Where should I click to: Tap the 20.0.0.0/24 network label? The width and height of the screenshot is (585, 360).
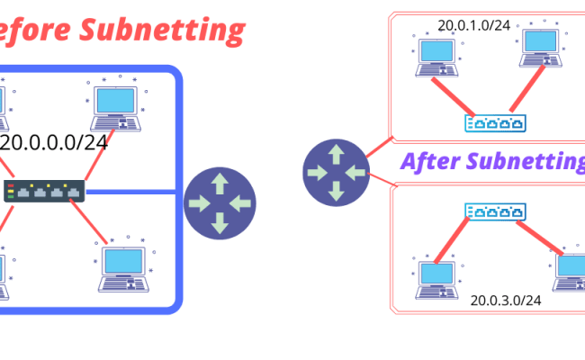click(54, 143)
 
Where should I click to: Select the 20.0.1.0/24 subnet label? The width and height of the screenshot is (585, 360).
click(473, 25)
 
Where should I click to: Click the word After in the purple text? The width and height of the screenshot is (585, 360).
click(431, 162)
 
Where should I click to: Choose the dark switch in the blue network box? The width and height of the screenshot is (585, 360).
click(44, 191)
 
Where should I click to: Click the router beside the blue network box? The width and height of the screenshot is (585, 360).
click(220, 202)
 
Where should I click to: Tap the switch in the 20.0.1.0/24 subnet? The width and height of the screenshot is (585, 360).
click(493, 122)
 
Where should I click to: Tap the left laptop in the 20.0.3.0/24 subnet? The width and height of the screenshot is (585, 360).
click(437, 279)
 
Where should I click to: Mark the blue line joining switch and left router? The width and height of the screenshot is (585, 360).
click(135, 191)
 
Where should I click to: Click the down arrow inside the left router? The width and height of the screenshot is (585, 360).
click(220, 222)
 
